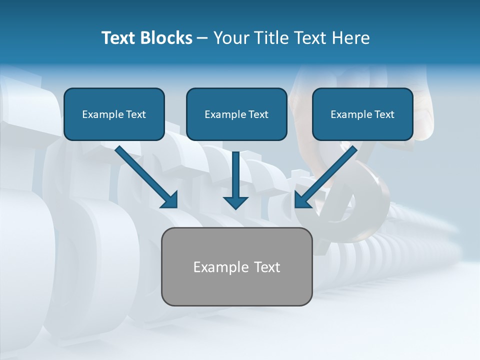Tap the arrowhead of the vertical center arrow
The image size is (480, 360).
point(235,202)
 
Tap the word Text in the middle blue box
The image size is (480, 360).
point(258,114)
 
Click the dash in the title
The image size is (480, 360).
point(202,38)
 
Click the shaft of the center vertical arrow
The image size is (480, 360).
point(235,172)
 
